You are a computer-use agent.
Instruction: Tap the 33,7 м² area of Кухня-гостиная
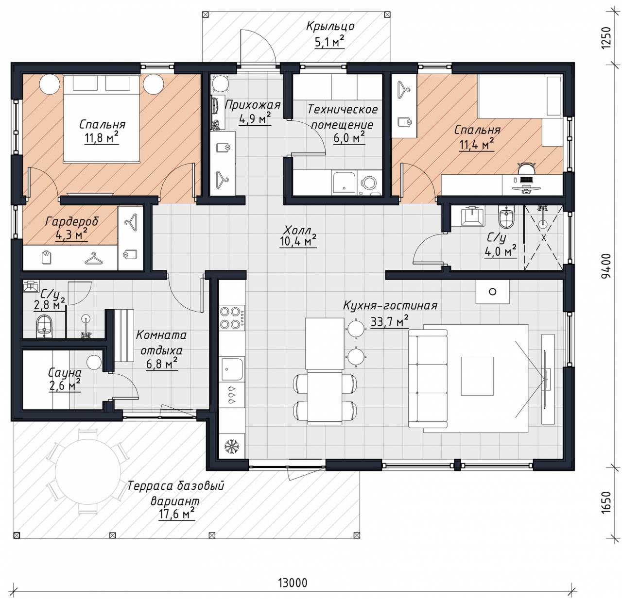point(389,321)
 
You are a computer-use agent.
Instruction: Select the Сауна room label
point(65,373)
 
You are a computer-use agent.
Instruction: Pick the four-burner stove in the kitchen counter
point(231,317)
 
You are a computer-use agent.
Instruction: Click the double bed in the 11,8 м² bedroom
point(102,118)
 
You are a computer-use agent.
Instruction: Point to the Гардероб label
point(72,221)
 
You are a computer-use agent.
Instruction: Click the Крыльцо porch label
point(330,27)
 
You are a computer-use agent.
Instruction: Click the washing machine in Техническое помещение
point(369,183)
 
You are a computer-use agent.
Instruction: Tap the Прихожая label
point(253,105)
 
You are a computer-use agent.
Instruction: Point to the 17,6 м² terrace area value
point(176,515)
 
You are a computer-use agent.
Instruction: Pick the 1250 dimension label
point(605,38)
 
